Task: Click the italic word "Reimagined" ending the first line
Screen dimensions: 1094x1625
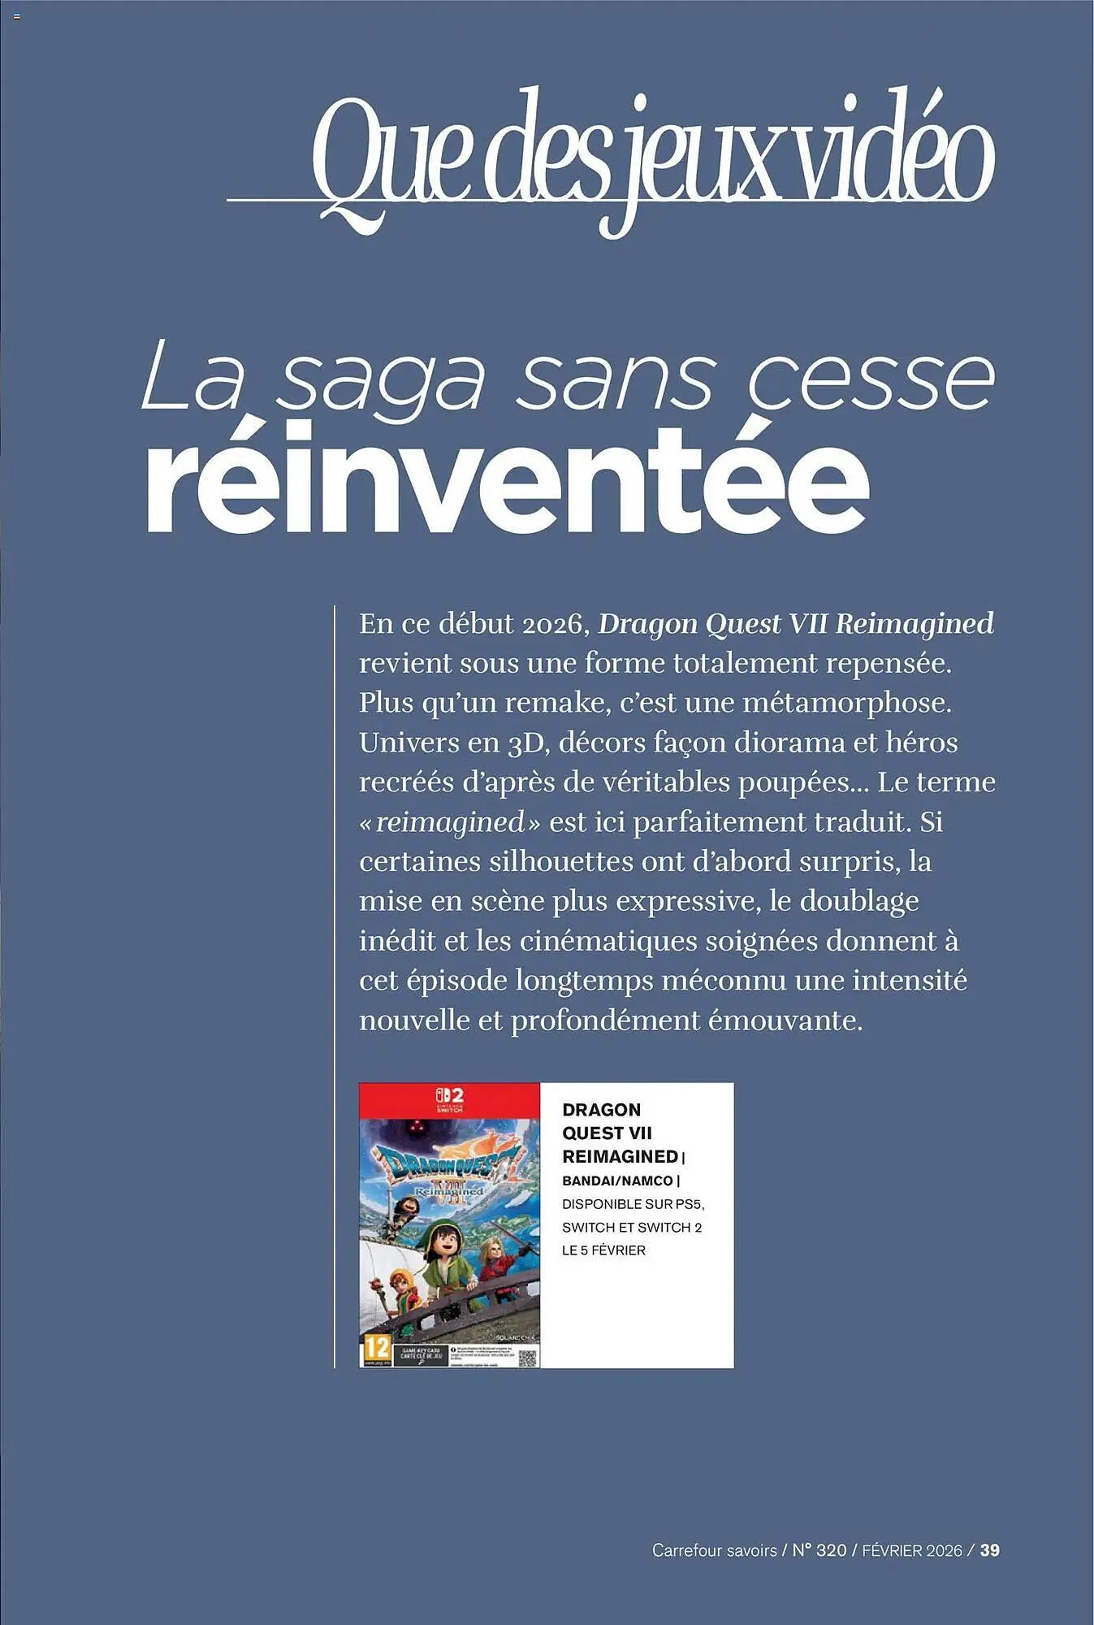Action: (x=915, y=624)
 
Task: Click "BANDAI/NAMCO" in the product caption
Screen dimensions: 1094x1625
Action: (x=617, y=1181)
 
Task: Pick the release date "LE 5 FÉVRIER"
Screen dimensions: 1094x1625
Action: (x=603, y=1250)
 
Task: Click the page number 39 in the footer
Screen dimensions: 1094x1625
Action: (x=989, y=1550)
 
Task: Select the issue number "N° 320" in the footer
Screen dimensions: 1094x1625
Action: (x=819, y=1550)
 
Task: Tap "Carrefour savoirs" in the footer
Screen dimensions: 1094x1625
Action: (x=714, y=1550)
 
